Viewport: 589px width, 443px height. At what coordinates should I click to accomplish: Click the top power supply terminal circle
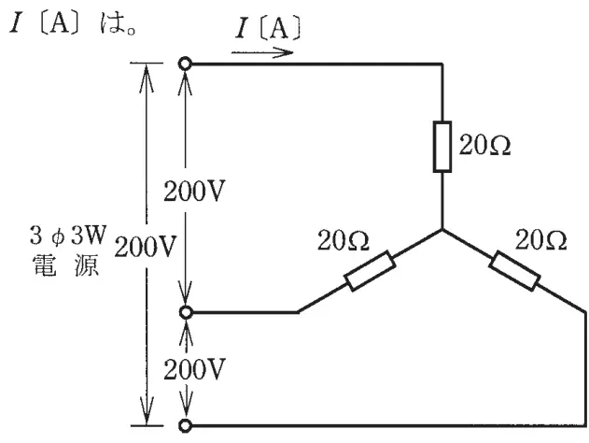[x=185, y=64]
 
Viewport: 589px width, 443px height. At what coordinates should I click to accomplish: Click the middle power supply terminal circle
[x=186, y=312]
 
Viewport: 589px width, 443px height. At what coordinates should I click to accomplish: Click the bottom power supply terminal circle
[x=185, y=425]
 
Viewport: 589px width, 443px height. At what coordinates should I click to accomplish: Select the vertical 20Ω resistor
[x=442, y=147]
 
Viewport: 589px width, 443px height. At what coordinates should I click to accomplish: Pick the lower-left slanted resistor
[x=370, y=271]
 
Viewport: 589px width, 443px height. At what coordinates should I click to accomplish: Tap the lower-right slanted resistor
[x=514, y=271]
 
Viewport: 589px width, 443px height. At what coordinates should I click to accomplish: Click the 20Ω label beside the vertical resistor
[x=485, y=145]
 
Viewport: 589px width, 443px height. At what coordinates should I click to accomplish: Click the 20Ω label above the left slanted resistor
[x=344, y=240]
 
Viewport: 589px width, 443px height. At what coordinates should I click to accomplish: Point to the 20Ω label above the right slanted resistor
[x=540, y=240]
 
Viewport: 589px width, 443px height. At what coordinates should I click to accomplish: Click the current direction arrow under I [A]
[x=262, y=52]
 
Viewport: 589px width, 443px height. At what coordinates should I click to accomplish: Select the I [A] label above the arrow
[x=268, y=28]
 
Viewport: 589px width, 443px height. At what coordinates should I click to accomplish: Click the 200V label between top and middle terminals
[x=194, y=191]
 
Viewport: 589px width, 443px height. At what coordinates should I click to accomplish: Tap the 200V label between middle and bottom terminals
[x=194, y=369]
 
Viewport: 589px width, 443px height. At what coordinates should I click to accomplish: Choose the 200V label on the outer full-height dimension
[x=145, y=247]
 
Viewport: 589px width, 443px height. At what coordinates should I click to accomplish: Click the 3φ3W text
[x=68, y=236]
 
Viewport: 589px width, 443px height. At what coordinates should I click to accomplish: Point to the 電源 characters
[x=66, y=265]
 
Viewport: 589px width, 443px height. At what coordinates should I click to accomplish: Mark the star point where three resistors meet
[x=442, y=229]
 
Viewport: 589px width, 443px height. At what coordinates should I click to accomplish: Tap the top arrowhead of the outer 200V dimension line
[x=147, y=77]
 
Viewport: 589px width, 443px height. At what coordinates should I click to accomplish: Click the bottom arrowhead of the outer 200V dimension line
[x=147, y=412]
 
